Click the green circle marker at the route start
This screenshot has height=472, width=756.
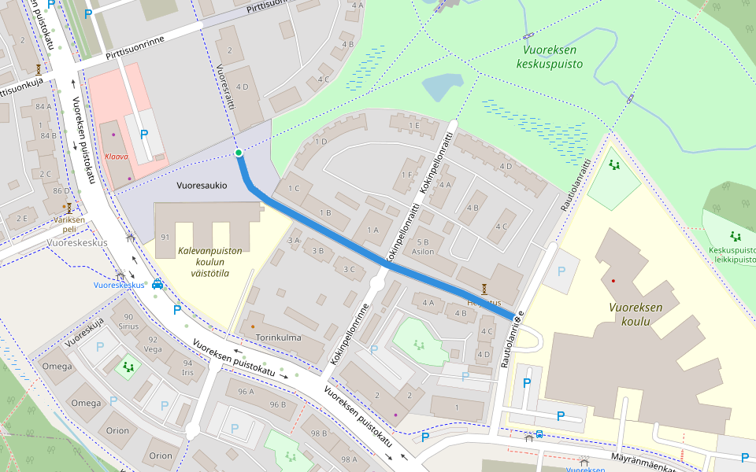[238, 153]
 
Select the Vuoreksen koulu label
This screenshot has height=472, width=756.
[636, 315]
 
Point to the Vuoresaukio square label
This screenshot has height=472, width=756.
[202, 186]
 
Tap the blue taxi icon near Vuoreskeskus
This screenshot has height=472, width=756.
[157, 285]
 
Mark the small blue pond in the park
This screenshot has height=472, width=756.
[442, 87]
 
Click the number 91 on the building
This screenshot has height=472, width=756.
[165, 237]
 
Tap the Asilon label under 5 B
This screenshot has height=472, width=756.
[423, 253]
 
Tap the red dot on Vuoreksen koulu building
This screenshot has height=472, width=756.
[613, 281]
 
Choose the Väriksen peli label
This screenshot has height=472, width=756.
[69, 224]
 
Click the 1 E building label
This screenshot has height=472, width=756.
[412, 125]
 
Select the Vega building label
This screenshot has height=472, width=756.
[155, 349]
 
